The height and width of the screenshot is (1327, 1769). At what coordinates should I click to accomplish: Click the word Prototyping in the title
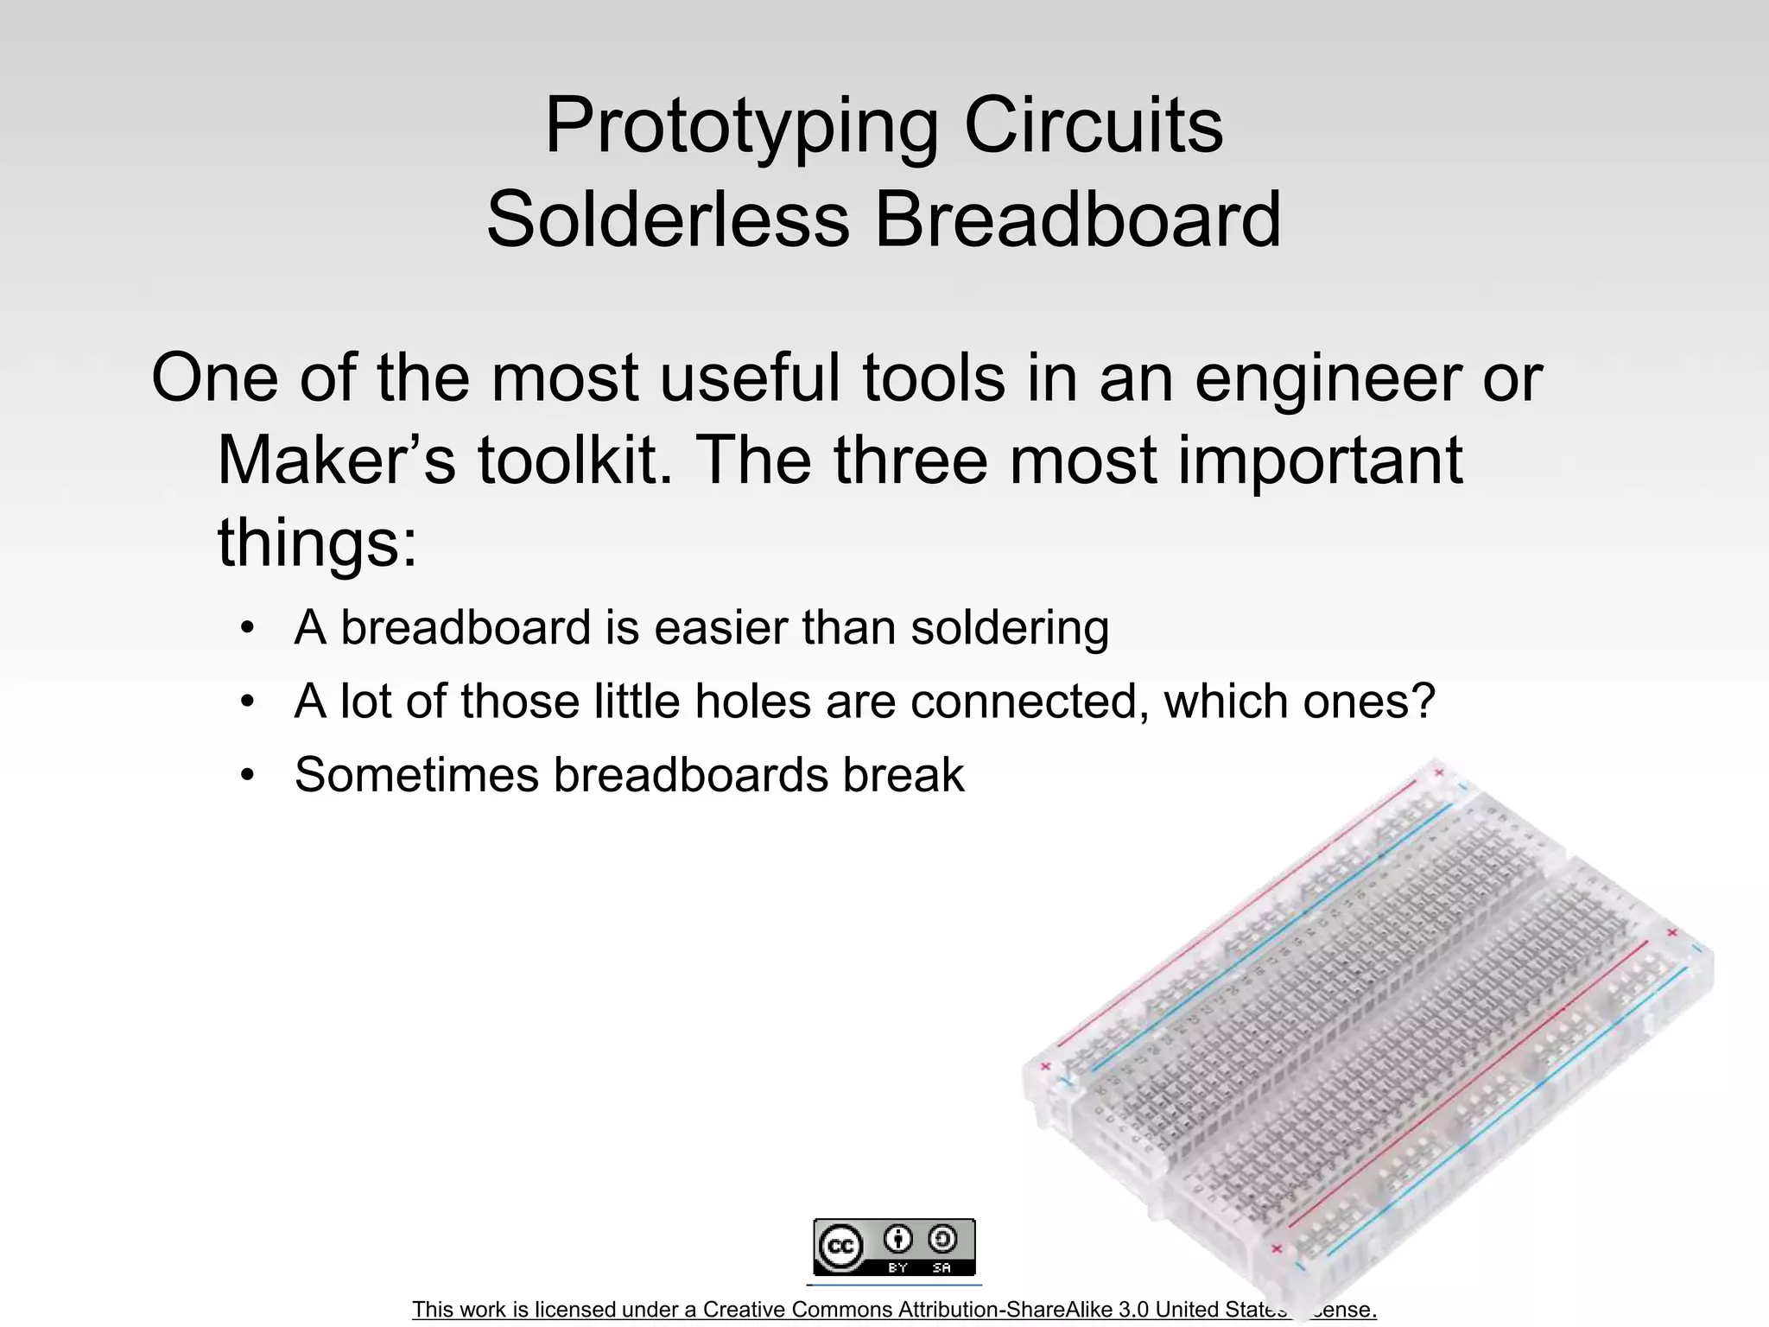741,126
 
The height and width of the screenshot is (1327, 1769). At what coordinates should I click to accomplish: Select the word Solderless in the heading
668,219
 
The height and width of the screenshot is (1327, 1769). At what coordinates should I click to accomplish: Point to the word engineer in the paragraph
1328,380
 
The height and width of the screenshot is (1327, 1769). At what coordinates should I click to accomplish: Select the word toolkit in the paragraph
574,460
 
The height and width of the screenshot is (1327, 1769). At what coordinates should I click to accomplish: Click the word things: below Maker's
317,543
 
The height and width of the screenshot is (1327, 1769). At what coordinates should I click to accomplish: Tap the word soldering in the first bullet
1010,628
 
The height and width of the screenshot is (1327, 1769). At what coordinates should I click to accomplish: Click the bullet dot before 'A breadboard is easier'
248,628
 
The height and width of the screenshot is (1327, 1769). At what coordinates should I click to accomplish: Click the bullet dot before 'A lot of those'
248,702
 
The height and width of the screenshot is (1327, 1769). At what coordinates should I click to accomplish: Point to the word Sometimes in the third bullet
416,775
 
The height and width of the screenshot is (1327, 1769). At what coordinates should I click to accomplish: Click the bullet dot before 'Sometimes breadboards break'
248,775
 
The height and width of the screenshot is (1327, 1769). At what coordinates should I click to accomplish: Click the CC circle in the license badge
840,1247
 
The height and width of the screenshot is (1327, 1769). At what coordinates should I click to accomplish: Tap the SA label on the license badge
942,1267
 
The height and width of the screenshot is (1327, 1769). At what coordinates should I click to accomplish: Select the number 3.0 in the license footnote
1133,1310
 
